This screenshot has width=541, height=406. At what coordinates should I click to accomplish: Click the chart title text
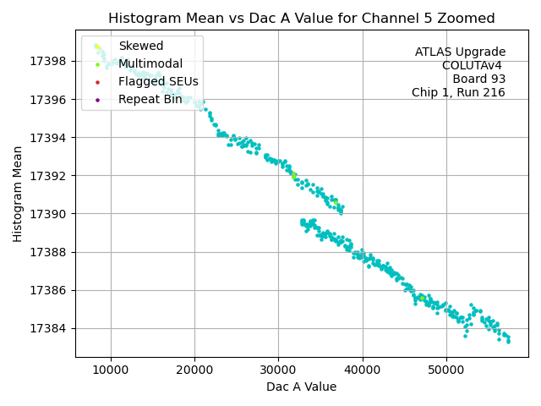coord(301,18)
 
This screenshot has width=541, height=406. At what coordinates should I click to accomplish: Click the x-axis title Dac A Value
coord(301,387)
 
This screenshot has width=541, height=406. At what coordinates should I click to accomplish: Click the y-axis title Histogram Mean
coord(18,194)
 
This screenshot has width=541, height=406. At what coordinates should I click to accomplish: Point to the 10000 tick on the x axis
coord(111,370)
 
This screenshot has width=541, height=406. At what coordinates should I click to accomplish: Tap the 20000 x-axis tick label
coord(194,370)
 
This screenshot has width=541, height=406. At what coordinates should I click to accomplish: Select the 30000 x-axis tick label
coord(279,370)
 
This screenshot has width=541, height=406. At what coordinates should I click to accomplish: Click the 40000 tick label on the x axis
coord(363,370)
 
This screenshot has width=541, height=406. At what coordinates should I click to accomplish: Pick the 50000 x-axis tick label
coord(446,370)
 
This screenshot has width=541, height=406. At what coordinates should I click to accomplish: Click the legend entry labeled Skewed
coord(140,46)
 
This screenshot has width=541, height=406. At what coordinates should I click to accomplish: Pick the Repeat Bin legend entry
coord(150,99)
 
